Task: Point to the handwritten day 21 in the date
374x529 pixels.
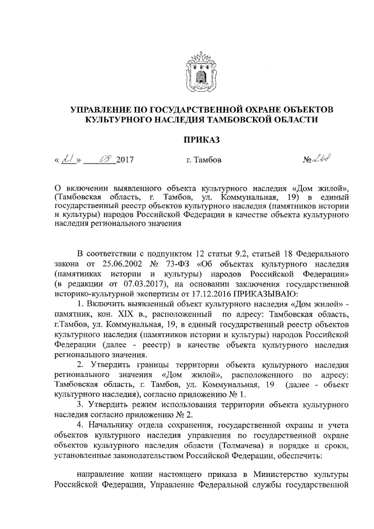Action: coord(69,158)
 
